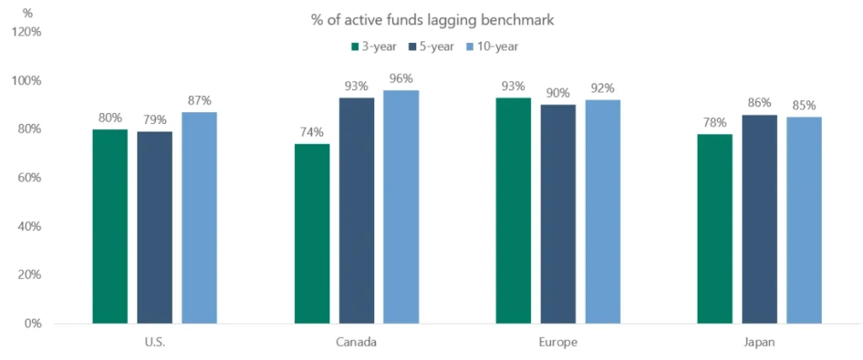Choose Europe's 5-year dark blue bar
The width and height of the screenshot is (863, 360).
(558, 214)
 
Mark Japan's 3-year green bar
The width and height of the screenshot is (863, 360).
(715, 228)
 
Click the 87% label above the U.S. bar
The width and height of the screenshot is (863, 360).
(199, 101)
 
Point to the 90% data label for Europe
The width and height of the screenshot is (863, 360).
(558, 94)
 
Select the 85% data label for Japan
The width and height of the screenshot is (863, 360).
(804, 106)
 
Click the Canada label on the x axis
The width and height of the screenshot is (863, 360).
(356, 343)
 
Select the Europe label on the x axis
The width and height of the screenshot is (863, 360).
(558, 343)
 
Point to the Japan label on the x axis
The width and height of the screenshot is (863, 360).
(759, 343)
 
